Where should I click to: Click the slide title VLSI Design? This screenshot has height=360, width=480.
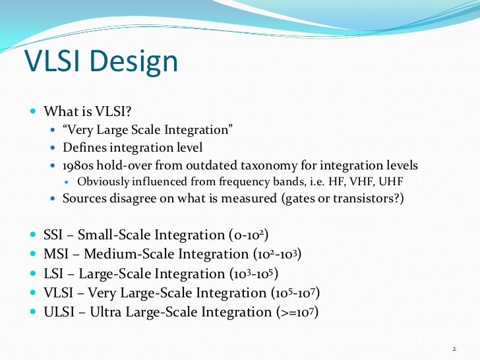(101, 61)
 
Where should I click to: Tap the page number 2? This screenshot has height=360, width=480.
(454, 348)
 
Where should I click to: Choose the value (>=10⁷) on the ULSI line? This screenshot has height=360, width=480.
(296, 312)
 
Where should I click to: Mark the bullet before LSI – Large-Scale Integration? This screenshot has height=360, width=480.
(34, 274)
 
